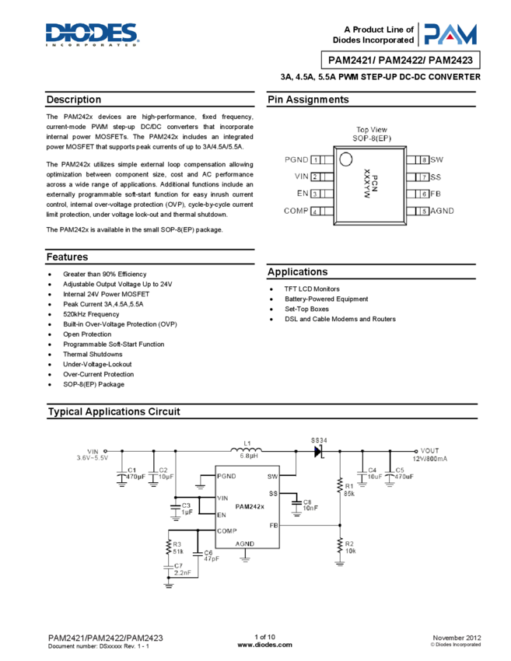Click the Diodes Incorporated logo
[92, 35]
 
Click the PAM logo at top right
[450, 34]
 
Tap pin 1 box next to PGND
[316, 159]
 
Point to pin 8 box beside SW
[423, 159]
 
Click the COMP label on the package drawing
[296, 211]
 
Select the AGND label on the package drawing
[443, 211]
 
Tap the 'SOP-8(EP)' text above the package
[371, 138]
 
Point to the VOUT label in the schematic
[431, 450]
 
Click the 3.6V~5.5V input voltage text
[93, 459]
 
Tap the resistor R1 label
[349, 485]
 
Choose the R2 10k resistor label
[349, 547]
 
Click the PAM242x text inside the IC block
[250, 506]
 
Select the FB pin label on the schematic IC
[274, 525]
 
